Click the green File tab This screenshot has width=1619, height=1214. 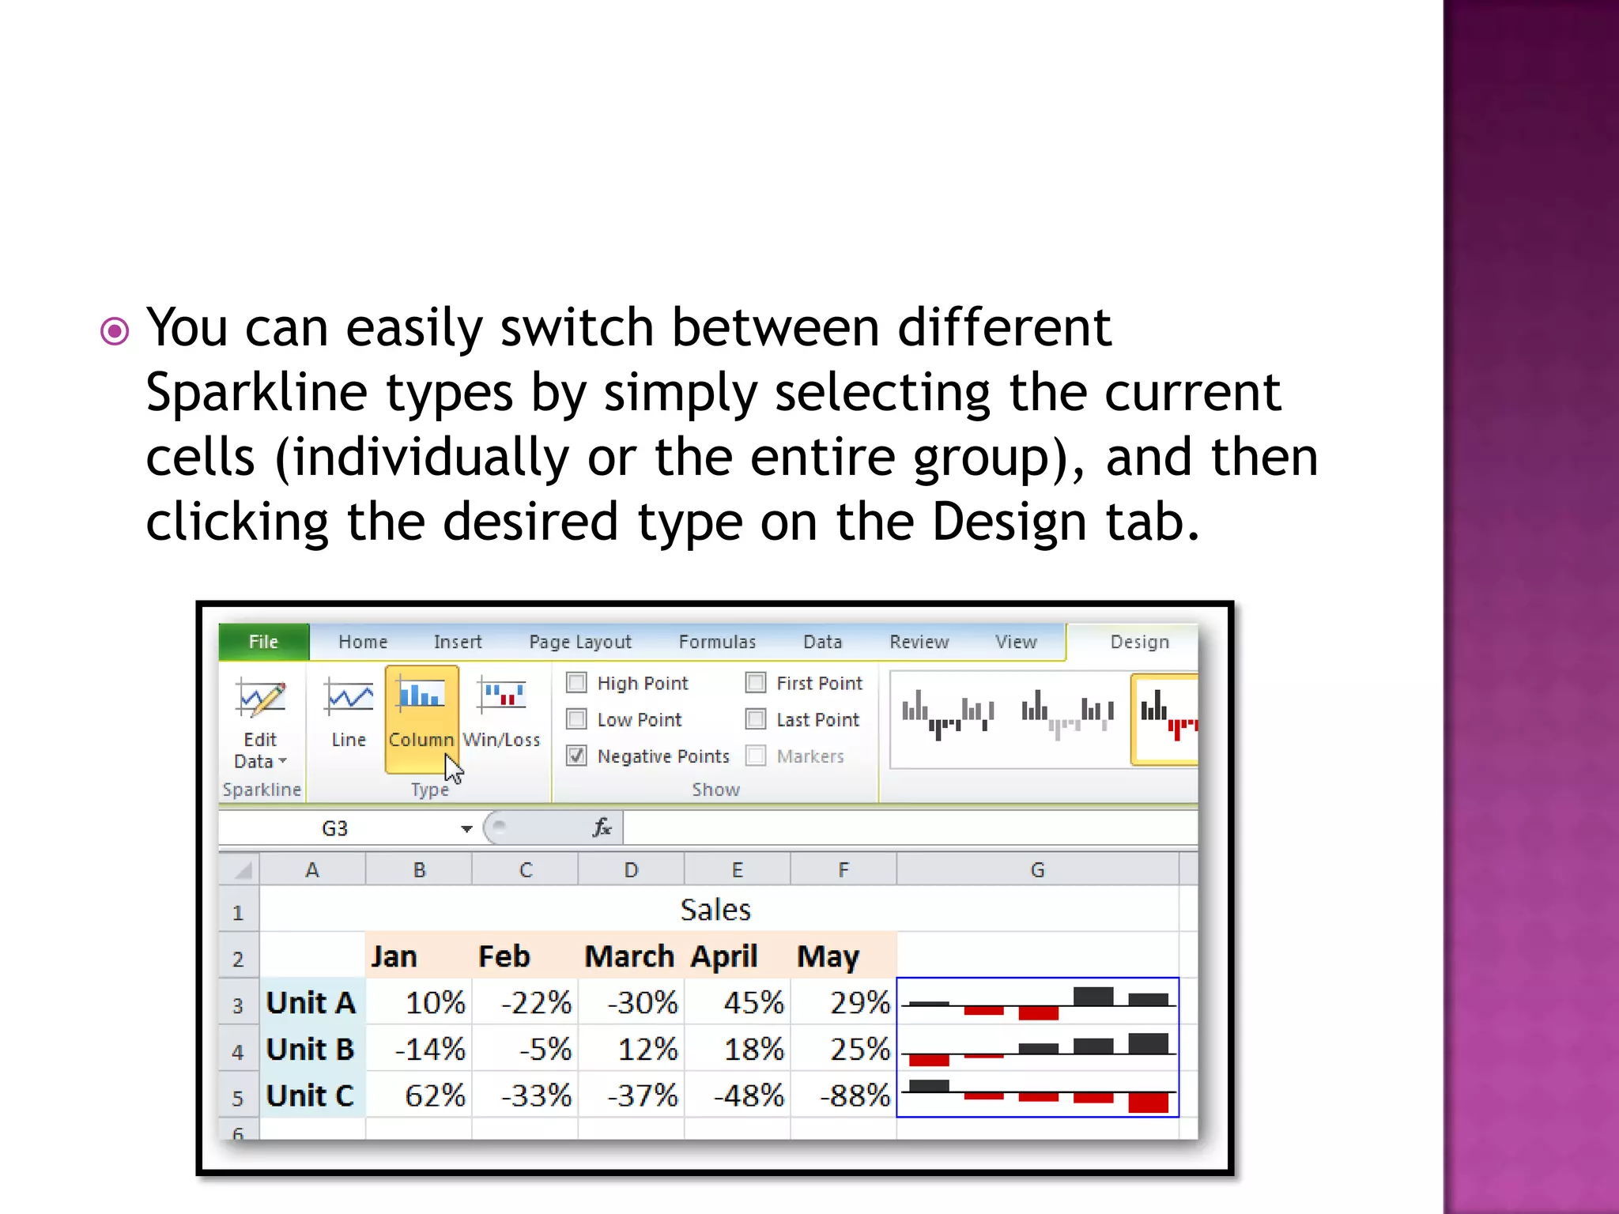click(263, 642)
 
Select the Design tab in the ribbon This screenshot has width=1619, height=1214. click(1138, 642)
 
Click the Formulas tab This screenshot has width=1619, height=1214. click(717, 642)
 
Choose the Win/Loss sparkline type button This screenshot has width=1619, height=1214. click(501, 711)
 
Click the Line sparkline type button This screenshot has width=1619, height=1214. click(349, 711)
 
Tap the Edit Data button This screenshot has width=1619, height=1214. click(260, 719)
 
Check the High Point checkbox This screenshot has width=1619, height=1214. click(577, 683)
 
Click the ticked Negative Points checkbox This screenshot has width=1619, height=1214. click(577, 756)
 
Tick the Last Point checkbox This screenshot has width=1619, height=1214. click(756, 719)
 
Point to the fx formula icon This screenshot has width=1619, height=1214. click(602, 828)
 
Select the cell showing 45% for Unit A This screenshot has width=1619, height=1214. click(738, 1003)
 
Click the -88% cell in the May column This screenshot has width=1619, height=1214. click(844, 1095)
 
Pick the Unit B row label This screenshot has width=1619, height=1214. click(311, 1050)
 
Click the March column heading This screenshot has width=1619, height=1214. click(629, 956)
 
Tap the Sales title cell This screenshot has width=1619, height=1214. click(715, 910)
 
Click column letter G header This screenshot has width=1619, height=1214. click(1037, 870)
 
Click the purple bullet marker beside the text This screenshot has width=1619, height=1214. click(115, 331)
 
